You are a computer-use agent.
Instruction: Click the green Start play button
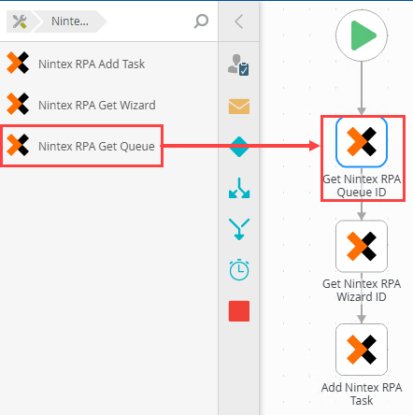click(362, 36)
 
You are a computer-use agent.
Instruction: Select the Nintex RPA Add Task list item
click(76, 64)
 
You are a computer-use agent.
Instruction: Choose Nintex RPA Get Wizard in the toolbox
click(81, 105)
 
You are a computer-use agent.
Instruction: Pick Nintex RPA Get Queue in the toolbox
click(80, 146)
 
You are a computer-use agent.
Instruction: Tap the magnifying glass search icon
click(201, 21)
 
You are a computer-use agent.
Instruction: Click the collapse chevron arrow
click(238, 21)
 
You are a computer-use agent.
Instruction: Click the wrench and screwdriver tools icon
click(20, 21)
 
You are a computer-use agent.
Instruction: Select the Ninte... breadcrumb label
click(70, 21)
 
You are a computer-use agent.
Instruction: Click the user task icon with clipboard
click(238, 64)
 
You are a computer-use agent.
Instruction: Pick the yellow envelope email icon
click(239, 107)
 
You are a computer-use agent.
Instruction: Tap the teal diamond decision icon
click(239, 147)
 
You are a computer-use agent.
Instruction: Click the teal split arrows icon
click(239, 188)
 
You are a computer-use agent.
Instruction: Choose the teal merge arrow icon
click(239, 229)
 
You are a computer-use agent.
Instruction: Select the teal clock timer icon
click(239, 269)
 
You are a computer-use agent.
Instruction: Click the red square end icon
click(239, 311)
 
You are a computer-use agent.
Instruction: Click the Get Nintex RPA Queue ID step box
click(362, 142)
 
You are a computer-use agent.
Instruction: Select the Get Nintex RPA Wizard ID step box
click(362, 246)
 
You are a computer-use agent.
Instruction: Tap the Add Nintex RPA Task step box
click(362, 350)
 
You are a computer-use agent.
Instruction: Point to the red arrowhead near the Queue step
click(315, 146)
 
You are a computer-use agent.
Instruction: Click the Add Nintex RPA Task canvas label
click(362, 394)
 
